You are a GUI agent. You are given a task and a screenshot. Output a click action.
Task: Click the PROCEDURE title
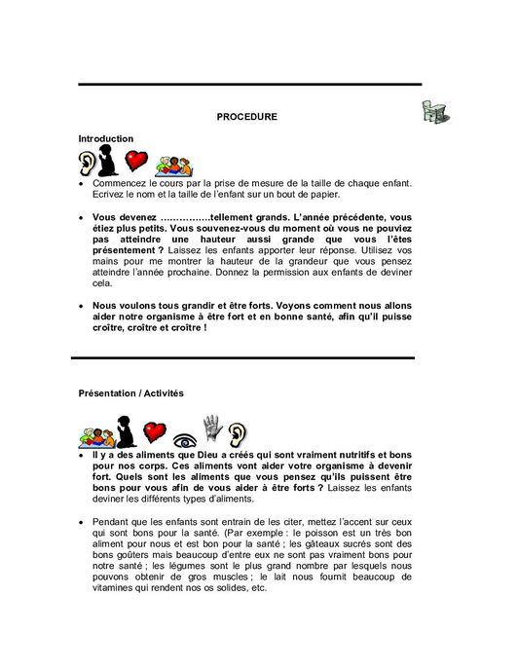pos(246,117)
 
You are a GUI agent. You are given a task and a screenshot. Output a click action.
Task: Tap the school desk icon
pos(434,113)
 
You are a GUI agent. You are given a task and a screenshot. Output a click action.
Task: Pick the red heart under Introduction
pos(136,160)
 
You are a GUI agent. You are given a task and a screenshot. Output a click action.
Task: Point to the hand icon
pos(212,428)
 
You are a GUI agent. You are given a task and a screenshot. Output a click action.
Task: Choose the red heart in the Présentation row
pos(154,432)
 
